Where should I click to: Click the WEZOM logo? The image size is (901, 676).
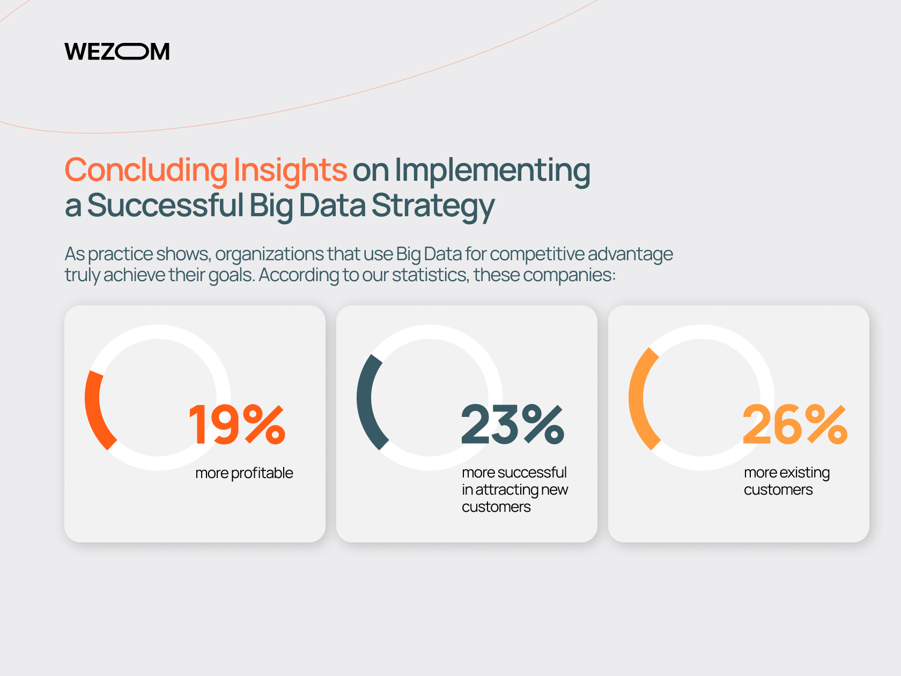[117, 52]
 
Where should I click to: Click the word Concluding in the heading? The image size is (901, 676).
[146, 171]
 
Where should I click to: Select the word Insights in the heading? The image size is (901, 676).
[290, 171]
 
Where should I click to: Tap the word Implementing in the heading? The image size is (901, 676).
[492, 171]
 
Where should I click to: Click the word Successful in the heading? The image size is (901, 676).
[165, 205]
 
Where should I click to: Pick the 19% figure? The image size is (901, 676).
[237, 424]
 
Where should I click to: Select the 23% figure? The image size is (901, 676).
[513, 424]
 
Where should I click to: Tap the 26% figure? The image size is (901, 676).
[795, 424]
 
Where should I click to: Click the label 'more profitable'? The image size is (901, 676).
[244, 473]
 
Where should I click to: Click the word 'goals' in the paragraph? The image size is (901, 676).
[232, 275]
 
